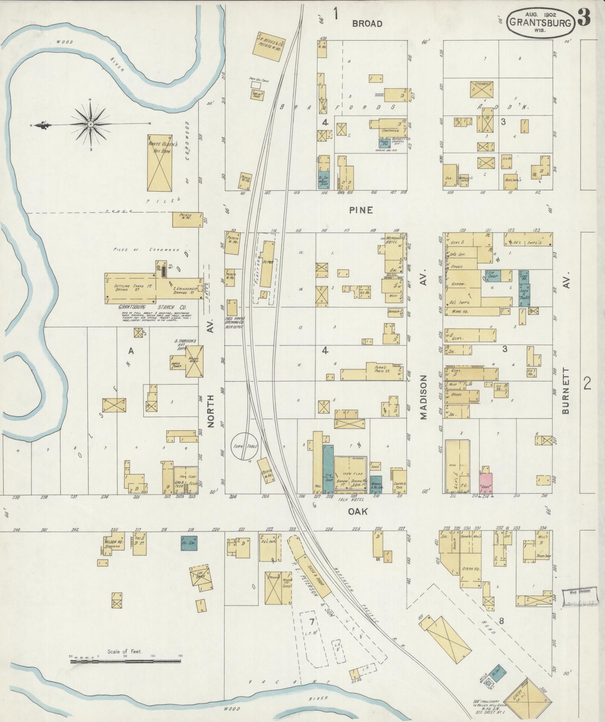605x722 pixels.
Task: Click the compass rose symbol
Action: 91,124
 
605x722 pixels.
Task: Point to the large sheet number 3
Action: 584,17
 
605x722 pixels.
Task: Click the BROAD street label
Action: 367,24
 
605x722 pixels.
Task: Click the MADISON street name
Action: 424,397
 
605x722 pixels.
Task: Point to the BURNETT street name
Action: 566,391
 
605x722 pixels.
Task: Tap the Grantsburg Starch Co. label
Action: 152,307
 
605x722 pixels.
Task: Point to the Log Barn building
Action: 200,578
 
